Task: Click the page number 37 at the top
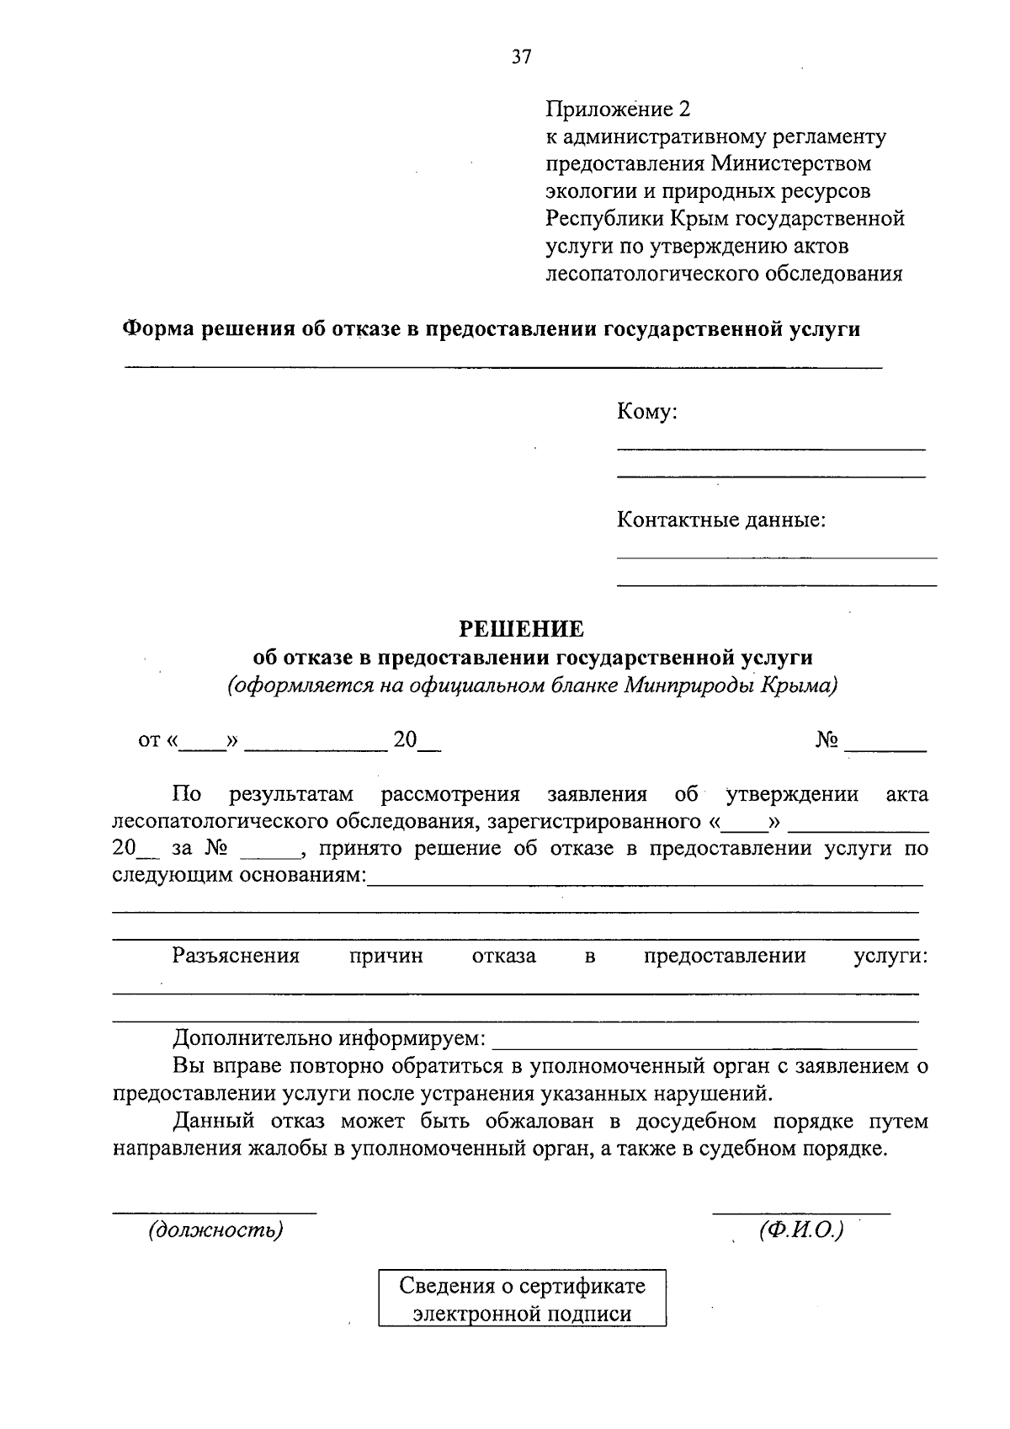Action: (x=521, y=56)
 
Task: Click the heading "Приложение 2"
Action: (x=618, y=109)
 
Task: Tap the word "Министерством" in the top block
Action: (x=792, y=163)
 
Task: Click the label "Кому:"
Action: (x=647, y=412)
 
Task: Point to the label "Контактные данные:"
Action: (x=721, y=520)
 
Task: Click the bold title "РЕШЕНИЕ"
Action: (x=520, y=629)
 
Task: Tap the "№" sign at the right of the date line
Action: (x=827, y=740)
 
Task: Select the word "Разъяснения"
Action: (x=236, y=956)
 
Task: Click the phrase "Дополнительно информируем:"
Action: (x=329, y=1037)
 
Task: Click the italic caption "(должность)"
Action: (x=215, y=1230)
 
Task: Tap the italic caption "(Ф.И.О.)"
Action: (x=800, y=1230)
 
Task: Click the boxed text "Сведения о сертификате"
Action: (x=522, y=1286)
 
